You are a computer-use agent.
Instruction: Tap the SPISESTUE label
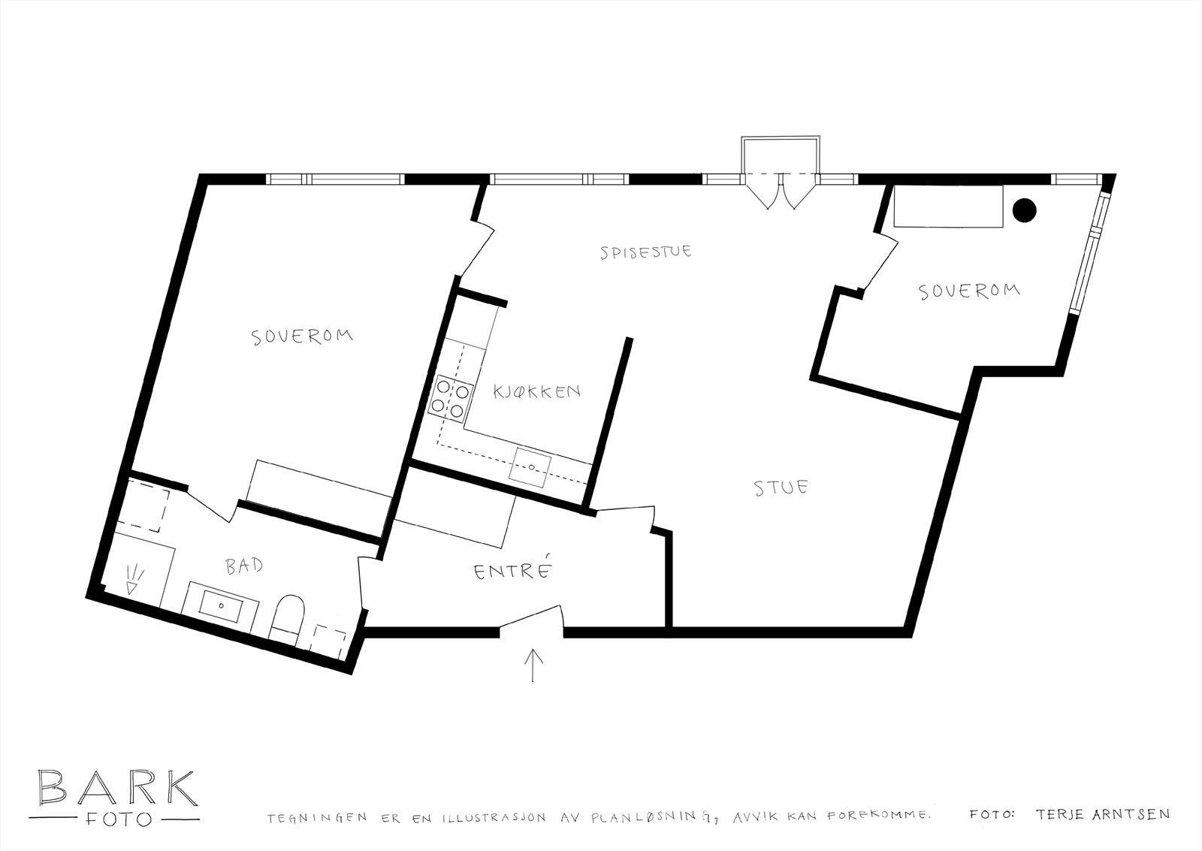(646, 252)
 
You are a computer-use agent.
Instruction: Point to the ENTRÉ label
(514, 572)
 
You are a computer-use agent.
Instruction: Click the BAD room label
(245, 566)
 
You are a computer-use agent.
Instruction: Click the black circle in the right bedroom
(1023, 210)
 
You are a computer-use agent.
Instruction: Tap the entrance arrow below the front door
(533, 665)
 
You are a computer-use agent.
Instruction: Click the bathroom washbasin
(223, 603)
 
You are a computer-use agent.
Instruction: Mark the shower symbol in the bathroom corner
(134, 579)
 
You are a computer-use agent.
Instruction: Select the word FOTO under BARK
(117, 818)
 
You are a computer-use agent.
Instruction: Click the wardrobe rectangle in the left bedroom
(320, 493)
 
